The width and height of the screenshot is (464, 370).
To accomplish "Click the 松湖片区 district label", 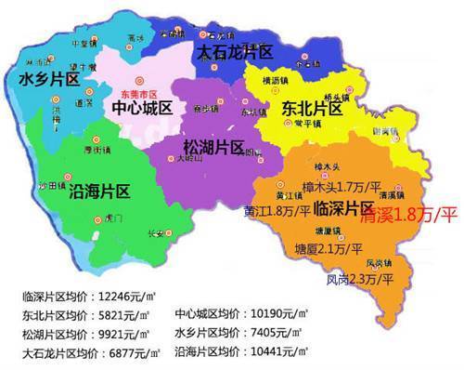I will [214, 148].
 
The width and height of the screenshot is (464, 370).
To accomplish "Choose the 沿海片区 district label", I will [99, 192].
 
